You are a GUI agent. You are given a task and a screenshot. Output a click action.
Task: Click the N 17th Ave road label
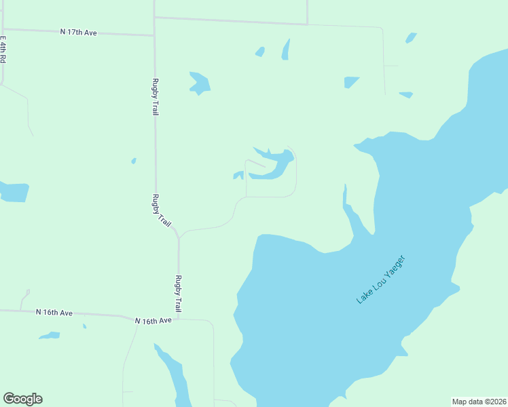(x=79, y=32)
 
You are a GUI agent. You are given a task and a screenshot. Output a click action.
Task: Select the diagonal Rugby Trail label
(x=162, y=210)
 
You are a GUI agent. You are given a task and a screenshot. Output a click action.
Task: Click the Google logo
(x=22, y=399)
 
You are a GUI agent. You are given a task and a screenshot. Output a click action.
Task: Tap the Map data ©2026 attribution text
(x=479, y=402)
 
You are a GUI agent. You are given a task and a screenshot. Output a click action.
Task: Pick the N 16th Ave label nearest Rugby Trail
(x=153, y=320)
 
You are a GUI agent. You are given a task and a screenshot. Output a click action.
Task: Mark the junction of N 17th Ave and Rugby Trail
(x=154, y=35)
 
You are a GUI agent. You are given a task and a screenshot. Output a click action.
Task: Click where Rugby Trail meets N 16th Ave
(x=179, y=318)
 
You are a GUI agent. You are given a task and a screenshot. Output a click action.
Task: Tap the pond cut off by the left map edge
(x=14, y=192)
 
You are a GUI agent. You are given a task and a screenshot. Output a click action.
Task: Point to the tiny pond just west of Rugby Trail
(x=134, y=161)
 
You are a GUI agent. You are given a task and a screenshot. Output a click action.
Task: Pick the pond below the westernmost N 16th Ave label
(x=50, y=335)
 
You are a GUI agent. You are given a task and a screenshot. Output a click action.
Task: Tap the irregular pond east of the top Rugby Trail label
(x=200, y=83)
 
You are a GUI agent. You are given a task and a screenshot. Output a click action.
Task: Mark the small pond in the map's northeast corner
(x=410, y=38)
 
